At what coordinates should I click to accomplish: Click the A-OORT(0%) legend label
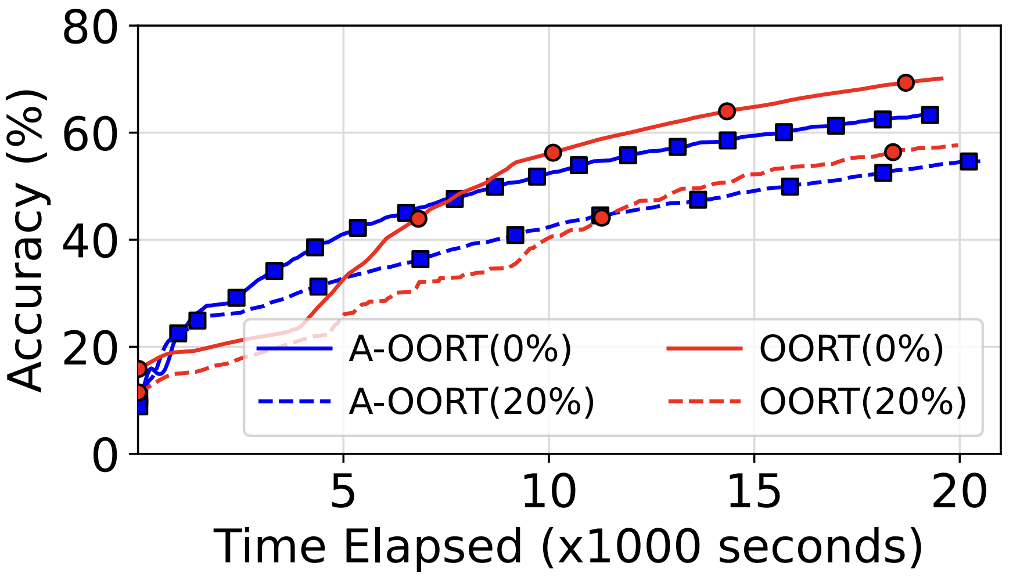click(460, 349)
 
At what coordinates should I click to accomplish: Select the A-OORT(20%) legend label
click(472, 401)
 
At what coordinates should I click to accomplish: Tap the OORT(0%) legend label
click(852, 349)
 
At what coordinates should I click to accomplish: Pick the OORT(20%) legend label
click(863, 401)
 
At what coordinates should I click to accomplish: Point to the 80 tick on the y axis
click(91, 27)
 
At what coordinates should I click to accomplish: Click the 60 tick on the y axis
click(91, 134)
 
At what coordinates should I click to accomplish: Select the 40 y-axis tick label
click(91, 240)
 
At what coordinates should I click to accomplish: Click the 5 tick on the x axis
click(343, 492)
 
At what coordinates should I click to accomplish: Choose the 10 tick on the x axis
click(549, 492)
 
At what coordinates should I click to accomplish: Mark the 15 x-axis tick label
click(754, 492)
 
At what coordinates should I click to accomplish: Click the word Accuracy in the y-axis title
click(26, 290)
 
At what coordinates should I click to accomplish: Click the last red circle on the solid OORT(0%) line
click(905, 82)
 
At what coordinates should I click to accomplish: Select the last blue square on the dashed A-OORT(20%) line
click(968, 161)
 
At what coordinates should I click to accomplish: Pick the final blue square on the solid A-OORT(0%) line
click(929, 115)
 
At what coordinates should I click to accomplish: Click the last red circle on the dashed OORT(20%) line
click(893, 152)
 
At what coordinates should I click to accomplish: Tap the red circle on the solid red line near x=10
click(552, 153)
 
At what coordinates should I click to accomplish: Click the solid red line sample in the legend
click(704, 349)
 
